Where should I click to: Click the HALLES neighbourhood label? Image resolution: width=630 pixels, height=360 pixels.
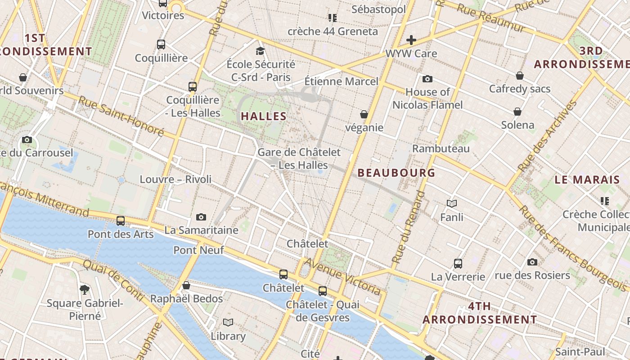264,116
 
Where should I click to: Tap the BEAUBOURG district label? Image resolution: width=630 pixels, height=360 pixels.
396,173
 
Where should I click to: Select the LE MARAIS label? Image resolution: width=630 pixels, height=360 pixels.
587,180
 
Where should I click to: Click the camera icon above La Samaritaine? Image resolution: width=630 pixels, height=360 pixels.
201,217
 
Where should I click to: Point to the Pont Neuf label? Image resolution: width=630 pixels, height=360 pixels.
198,250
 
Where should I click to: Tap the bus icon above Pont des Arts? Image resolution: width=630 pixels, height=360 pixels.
121,221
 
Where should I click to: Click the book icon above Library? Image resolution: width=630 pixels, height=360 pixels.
228,322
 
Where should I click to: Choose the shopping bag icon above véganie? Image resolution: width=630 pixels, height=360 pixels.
364,115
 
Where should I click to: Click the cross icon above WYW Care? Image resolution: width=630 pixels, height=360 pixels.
411,40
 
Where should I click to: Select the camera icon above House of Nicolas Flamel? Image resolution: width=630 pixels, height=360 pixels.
427,79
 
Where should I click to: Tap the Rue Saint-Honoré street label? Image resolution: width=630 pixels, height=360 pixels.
121,116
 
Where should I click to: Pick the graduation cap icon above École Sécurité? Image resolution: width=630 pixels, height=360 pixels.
260,50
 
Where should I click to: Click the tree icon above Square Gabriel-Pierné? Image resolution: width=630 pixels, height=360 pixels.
84,289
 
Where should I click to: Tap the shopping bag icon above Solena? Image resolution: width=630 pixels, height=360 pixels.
517,112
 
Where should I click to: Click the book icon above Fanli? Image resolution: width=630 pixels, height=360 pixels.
452,204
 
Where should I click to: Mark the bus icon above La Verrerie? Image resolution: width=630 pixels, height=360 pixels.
458,263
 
